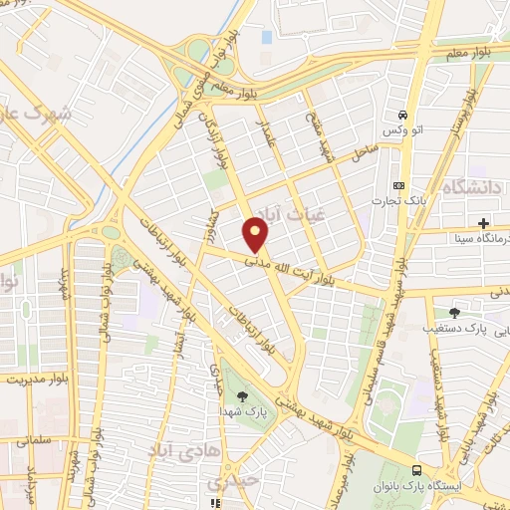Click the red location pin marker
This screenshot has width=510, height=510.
(256, 235)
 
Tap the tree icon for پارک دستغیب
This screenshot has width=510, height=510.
(455, 313)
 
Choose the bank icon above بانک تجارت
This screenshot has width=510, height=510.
(400, 185)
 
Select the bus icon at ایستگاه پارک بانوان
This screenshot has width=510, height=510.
(416, 469)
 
